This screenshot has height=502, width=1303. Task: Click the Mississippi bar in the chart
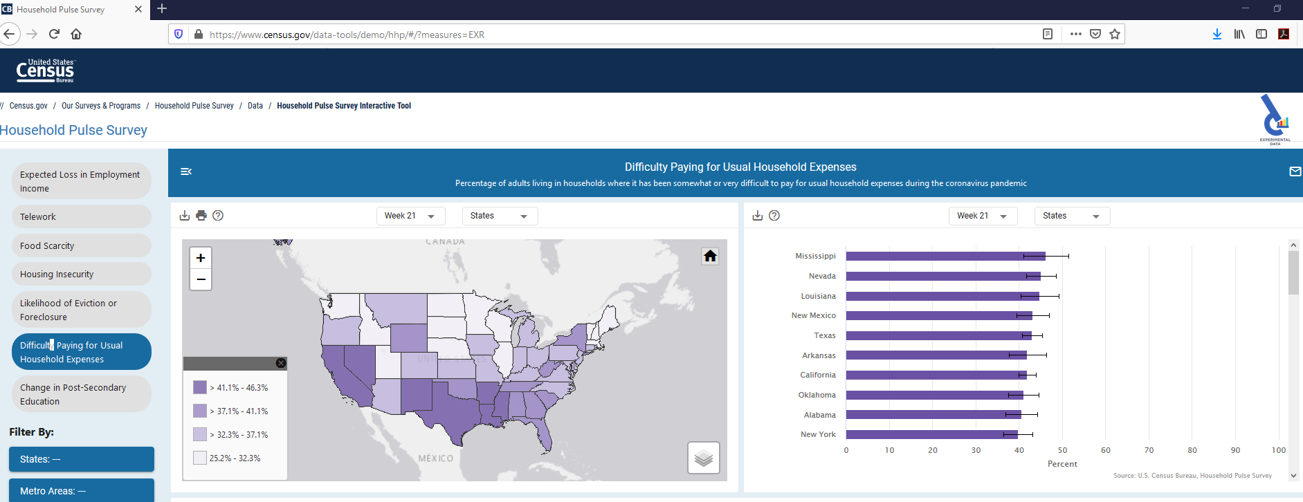945,256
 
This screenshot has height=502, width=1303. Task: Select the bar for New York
931,435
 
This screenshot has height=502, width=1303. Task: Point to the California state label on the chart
817,375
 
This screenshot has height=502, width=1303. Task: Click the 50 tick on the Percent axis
1062,450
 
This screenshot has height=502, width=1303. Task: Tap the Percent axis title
1062,464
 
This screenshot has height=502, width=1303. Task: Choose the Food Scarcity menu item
81,245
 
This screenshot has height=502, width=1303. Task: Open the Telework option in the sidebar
81,216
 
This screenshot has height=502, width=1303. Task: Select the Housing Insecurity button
81,275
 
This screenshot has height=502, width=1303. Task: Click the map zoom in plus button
201,258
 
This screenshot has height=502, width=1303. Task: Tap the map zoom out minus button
201,279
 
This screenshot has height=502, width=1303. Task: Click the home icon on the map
710,257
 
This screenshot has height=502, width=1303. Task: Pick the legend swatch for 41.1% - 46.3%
200,387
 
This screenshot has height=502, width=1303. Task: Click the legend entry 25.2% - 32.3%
235,458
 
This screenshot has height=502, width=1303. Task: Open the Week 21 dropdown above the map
410,216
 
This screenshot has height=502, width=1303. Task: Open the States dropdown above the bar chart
1071,216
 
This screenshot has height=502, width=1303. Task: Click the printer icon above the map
201,216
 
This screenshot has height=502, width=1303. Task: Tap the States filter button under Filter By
81,459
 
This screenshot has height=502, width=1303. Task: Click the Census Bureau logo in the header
46,71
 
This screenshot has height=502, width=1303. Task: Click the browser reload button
54,34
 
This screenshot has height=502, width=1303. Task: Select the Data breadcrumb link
255,106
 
